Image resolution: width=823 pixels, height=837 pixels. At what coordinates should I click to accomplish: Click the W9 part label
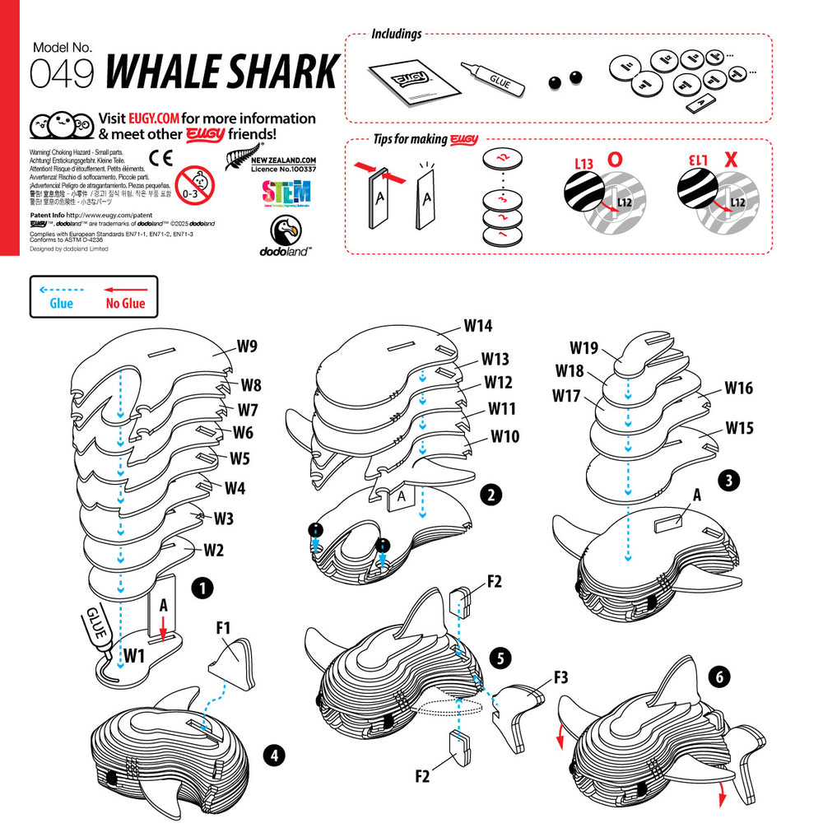pos(248,346)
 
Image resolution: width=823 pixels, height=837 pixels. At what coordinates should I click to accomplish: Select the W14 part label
pos(477,325)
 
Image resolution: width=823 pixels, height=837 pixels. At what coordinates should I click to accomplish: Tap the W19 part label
pos(584,347)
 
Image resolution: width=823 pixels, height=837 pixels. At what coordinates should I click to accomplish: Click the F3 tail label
pos(560,678)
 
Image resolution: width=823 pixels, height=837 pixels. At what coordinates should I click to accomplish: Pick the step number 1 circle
pos(202,588)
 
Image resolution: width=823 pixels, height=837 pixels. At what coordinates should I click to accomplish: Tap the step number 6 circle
pos(719,677)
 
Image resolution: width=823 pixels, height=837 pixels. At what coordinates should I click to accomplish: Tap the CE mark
pos(161,158)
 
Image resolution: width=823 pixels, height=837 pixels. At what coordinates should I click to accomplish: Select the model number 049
pos(62,74)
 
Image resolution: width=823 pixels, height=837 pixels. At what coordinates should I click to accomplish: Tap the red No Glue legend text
pos(125,304)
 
